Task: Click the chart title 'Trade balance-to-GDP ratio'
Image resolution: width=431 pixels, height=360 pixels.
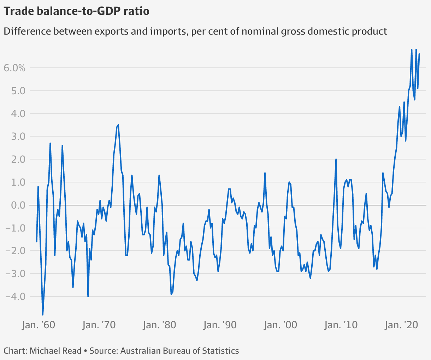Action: pyautogui.click(x=77, y=11)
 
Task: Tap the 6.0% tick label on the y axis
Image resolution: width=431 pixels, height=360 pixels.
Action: pyautogui.click(x=15, y=68)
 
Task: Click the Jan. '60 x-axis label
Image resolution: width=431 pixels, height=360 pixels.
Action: pyautogui.click(x=39, y=325)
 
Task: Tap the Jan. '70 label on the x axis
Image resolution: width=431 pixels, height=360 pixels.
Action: pyautogui.click(x=99, y=325)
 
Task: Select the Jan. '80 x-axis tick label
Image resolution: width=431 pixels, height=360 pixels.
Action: pyautogui.click(x=159, y=325)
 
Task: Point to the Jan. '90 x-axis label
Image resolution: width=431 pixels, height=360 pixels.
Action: pyautogui.click(x=220, y=325)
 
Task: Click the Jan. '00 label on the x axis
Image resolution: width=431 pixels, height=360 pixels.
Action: pyautogui.click(x=281, y=325)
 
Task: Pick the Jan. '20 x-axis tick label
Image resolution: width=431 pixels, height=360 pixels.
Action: pyautogui.click(x=402, y=325)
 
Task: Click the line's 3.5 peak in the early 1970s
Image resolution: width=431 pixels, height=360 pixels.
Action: pyautogui.click(x=118, y=125)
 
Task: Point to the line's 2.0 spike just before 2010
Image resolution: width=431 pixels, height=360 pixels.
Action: pyautogui.click(x=336, y=159)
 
